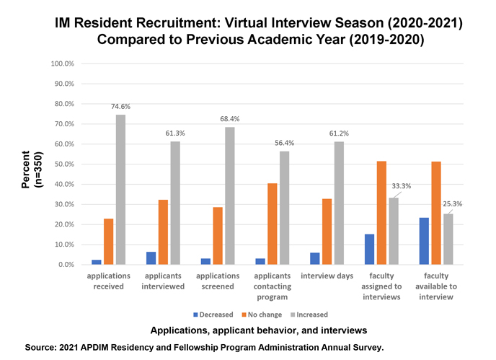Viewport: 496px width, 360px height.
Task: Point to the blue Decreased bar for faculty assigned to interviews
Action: tap(369, 250)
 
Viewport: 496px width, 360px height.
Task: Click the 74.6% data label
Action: tap(121, 107)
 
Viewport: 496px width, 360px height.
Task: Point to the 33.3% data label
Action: tap(401, 185)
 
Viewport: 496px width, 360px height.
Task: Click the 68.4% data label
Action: tap(229, 119)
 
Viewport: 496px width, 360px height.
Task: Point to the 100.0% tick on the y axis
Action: tap(63, 63)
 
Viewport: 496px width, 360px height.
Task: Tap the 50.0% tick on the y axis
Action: tap(65, 164)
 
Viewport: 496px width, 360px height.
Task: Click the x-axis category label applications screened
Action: tap(218, 281)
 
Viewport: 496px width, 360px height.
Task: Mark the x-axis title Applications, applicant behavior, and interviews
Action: tap(259, 330)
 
